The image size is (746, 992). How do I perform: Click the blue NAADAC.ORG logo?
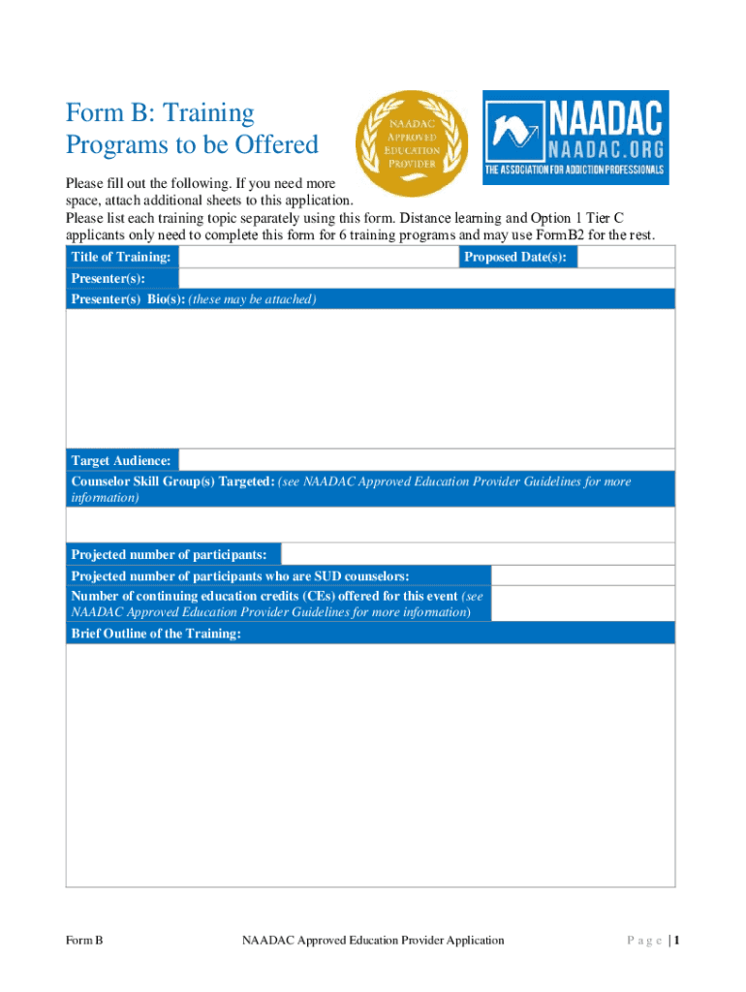pyautogui.click(x=575, y=138)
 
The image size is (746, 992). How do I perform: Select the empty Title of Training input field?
pyautogui.click(x=318, y=257)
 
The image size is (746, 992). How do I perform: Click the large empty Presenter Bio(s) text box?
pyautogui.click(x=370, y=378)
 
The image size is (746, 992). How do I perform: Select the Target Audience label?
pyautogui.click(x=121, y=460)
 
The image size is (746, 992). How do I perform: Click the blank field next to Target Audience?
pyautogui.click(x=426, y=460)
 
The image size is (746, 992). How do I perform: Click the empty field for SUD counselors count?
pyautogui.click(x=582, y=575)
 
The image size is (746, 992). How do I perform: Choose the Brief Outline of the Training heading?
pyautogui.click(x=156, y=634)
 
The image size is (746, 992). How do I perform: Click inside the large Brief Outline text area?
pyautogui.click(x=370, y=765)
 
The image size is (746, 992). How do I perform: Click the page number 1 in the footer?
pyautogui.click(x=678, y=940)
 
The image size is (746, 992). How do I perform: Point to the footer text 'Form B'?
pyautogui.click(x=84, y=940)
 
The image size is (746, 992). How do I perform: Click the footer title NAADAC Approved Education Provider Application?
pyautogui.click(x=373, y=940)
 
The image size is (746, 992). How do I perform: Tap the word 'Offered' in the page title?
pyautogui.click(x=273, y=145)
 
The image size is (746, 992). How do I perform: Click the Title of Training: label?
pyautogui.click(x=121, y=257)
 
